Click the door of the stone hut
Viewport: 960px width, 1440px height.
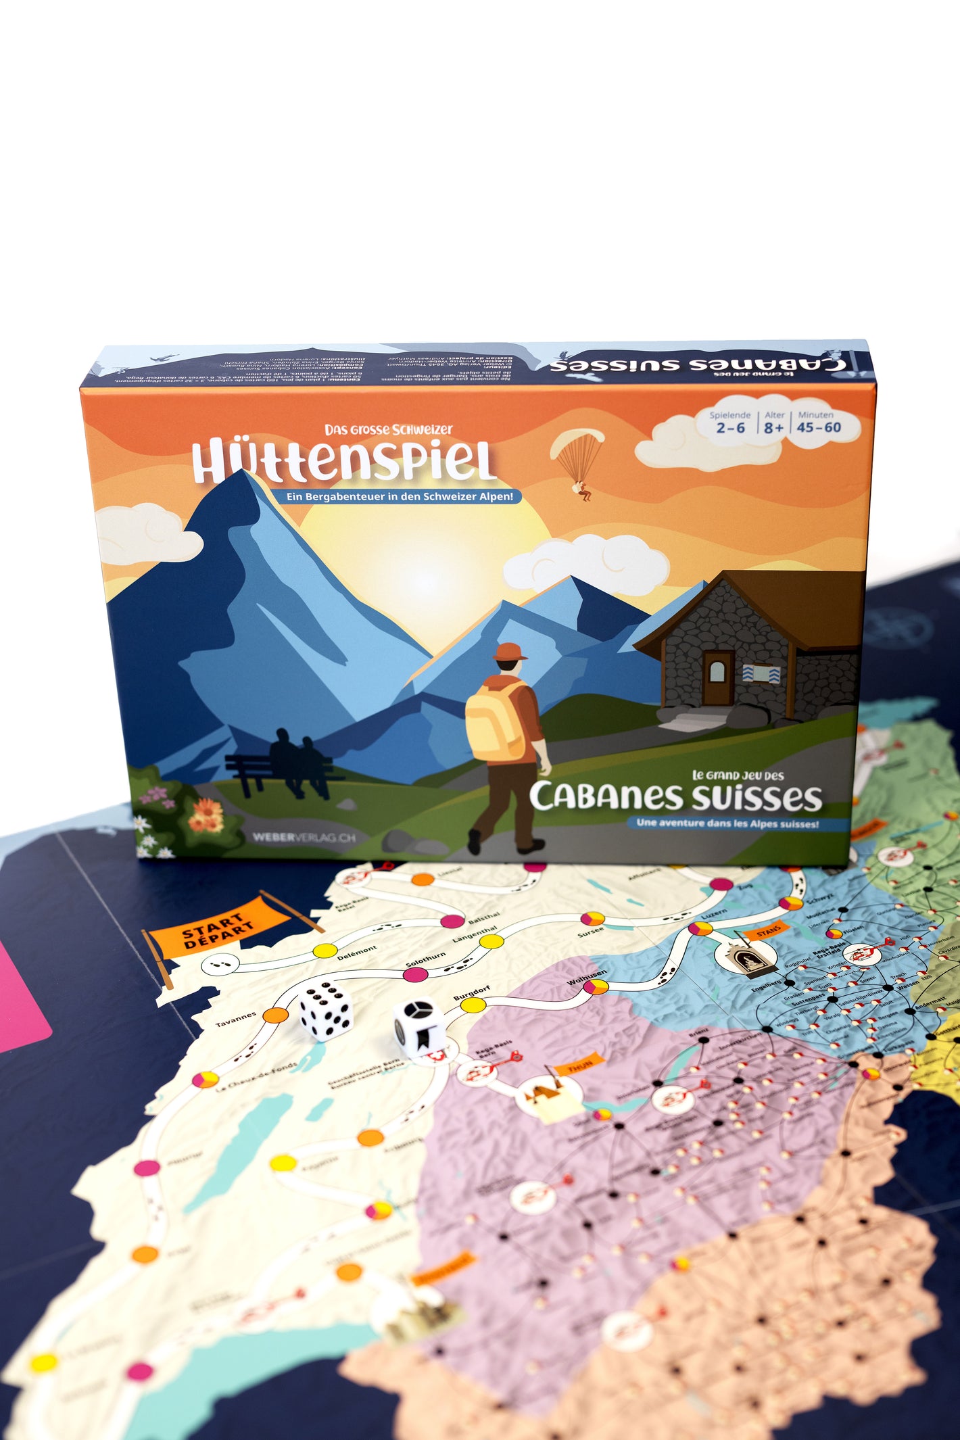tap(717, 677)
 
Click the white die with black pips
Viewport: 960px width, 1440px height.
tap(326, 1009)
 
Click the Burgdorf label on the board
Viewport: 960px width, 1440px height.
tap(471, 993)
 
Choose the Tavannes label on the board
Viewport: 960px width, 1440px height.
tap(236, 1019)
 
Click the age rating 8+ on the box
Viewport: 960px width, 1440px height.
tap(774, 427)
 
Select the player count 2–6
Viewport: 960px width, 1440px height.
tap(730, 427)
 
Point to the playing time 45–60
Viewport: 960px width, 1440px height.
tap(819, 427)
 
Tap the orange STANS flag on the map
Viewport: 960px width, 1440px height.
tap(767, 932)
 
